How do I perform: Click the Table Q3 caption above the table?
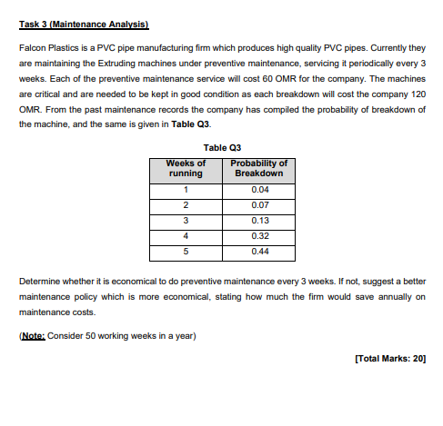click(x=221, y=147)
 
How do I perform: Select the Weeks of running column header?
click(x=186, y=168)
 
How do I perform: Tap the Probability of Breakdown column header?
click(x=257, y=168)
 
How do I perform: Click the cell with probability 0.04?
click(x=257, y=189)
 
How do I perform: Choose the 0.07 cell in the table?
click(x=257, y=204)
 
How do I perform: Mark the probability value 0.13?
click(x=257, y=220)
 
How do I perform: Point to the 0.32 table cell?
click(x=257, y=235)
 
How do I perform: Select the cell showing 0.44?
click(x=257, y=251)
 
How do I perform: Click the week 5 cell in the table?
click(x=186, y=251)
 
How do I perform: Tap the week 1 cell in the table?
click(x=186, y=189)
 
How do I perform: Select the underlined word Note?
click(x=30, y=334)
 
